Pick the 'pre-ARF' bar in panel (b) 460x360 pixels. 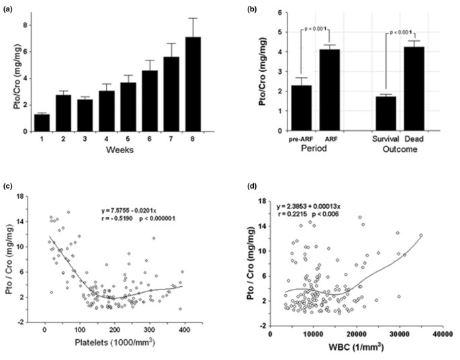tap(302, 107)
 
